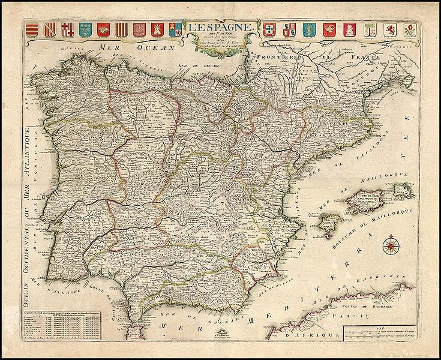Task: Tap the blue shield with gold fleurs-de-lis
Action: [x=86, y=28]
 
